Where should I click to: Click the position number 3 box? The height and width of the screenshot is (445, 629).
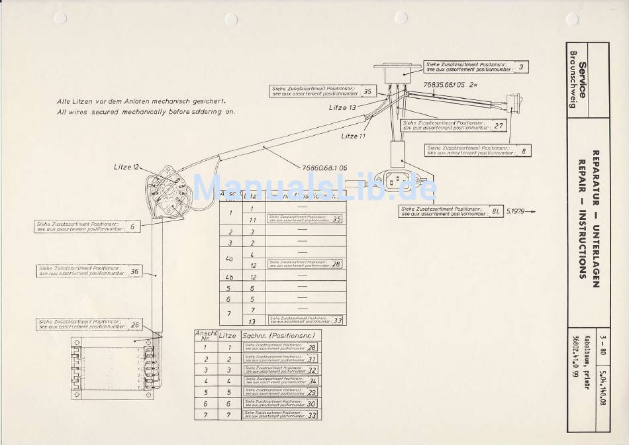click(x=520, y=67)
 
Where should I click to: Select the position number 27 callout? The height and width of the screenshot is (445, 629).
click(x=499, y=125)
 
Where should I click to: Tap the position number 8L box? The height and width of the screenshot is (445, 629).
click(x=495, y=211)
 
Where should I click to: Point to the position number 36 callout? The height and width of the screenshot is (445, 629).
click(x=134, y=271)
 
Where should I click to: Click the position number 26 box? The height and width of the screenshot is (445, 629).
click(x=134, y=325)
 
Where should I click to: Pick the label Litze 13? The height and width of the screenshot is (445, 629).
click(x=343, y=107)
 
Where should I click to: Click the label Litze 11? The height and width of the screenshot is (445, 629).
click(x=354, y=136)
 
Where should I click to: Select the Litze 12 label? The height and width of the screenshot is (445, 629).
click(x=126, y=167)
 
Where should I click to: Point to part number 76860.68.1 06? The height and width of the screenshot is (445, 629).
click(x=324, y=168)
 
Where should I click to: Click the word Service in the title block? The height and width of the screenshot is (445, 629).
click(x=582, y=79)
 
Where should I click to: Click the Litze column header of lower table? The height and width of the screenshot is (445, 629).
click(x=227, y=336)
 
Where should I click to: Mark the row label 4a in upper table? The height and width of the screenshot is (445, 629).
click(x=230, y=259)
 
